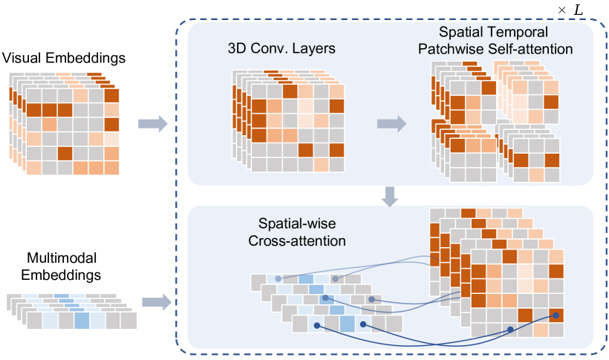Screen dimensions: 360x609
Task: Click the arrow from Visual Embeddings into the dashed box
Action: pos(153,122)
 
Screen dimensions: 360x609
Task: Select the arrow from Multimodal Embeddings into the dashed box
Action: pos(154,302)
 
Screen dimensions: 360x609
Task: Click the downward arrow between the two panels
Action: pos(389,197)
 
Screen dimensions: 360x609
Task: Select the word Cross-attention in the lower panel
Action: pos(303,240)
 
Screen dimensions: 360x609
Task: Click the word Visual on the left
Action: pos(22,57)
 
